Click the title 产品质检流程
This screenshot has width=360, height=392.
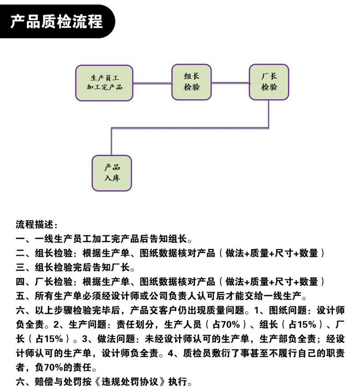point(56,21)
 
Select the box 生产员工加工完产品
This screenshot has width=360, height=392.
point(104,83)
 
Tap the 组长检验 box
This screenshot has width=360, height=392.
point(192,82)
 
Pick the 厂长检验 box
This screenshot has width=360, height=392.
point(269,82)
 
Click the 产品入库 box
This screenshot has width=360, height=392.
point(112,173)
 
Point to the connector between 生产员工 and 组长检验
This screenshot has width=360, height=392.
point(152,83)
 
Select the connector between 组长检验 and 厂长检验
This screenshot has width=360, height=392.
point(230,83)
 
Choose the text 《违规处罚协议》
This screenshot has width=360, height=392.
point(130,382)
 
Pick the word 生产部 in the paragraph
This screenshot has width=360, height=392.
point(274,339)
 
